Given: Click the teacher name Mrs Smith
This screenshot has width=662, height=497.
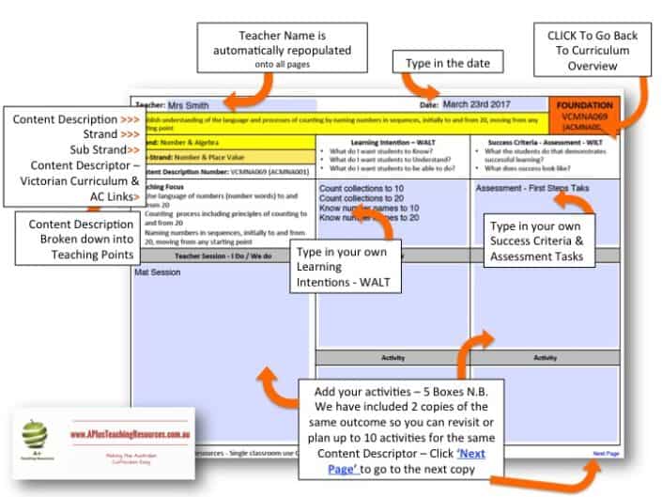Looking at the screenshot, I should click(188, 105).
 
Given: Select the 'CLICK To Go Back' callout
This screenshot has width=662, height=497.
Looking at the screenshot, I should click(593, 51).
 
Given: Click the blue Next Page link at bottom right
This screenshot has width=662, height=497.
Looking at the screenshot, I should click(606, 454).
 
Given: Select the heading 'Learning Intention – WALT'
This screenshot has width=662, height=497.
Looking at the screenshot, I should click(392, 140).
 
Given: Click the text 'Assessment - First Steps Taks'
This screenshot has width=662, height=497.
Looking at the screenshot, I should click(532, 188).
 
